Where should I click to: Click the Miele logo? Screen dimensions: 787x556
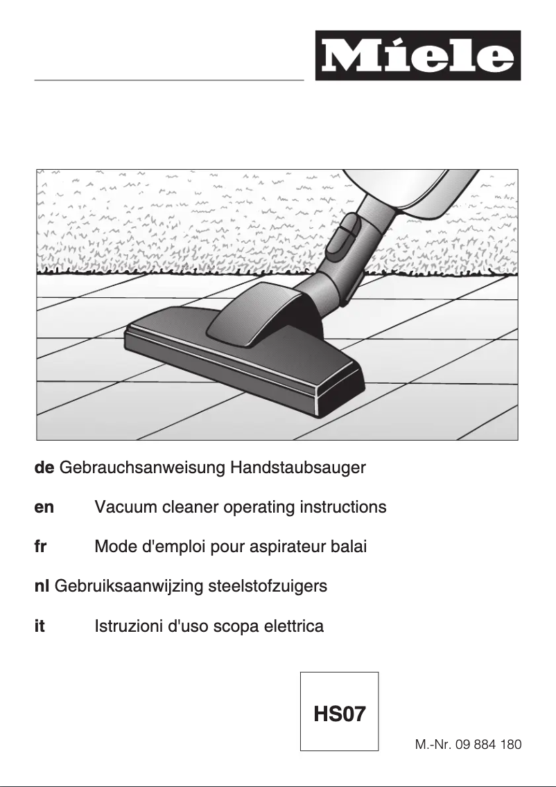point(417,55)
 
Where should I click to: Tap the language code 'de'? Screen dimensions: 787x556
point(44,468)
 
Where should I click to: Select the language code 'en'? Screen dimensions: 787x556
point(44,508)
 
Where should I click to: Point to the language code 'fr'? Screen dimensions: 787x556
point(40,547)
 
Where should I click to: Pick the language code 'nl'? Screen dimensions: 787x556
point(41,587)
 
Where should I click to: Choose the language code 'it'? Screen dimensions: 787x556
point(40,627)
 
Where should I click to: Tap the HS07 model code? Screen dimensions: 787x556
point(339,714)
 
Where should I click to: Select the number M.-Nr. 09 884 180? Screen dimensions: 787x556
point(468,745)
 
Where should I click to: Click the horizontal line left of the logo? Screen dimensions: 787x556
point(169,80)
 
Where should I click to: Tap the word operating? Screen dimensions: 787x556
point(260,508)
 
